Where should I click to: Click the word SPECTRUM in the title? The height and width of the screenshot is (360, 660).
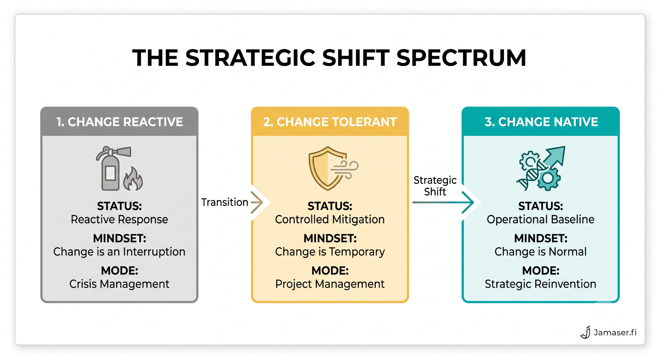pyautogui.click(x=461, y=57)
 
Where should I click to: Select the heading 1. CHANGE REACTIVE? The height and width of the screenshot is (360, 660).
pyautogui.click(x=120, y=122)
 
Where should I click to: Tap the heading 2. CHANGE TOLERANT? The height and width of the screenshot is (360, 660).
pyautogui.click(x=330, y=122)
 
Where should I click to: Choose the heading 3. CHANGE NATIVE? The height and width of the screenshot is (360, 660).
pyautogui.click(x=541, y=122)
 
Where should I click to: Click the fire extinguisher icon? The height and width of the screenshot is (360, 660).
pyautogui.click(x=112, y=168)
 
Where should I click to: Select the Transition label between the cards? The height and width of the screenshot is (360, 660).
pyautogui.click(x=224, y=202)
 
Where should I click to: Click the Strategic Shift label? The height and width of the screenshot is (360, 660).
pyautogui.click(x=435, y=186)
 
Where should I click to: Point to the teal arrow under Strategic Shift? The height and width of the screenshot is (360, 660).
pyautogui.click(x=443, y=202)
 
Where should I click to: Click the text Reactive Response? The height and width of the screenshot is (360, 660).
pyautogui.click(x=119, y=219)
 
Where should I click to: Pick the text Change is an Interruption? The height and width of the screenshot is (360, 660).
pyautogui.click(x=119, y=252)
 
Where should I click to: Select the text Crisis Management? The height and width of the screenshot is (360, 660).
pyautogui.click(x=119, y=284)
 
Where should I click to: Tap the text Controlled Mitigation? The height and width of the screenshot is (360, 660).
pyautogui.click(x=330, y=219)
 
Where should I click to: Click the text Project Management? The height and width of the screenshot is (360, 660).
pyautogui.click(x=330, y=284)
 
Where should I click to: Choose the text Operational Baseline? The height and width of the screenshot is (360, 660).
pyautogui.click(x=541, y=219)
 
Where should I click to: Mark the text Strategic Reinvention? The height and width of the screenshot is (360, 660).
pyautogui.click(x=541, y=284)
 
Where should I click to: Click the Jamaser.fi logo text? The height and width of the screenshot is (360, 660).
pyautogui.click(x=615, y=332)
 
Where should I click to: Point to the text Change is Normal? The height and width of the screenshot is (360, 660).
pyautogui.click(x=541, y=252)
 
